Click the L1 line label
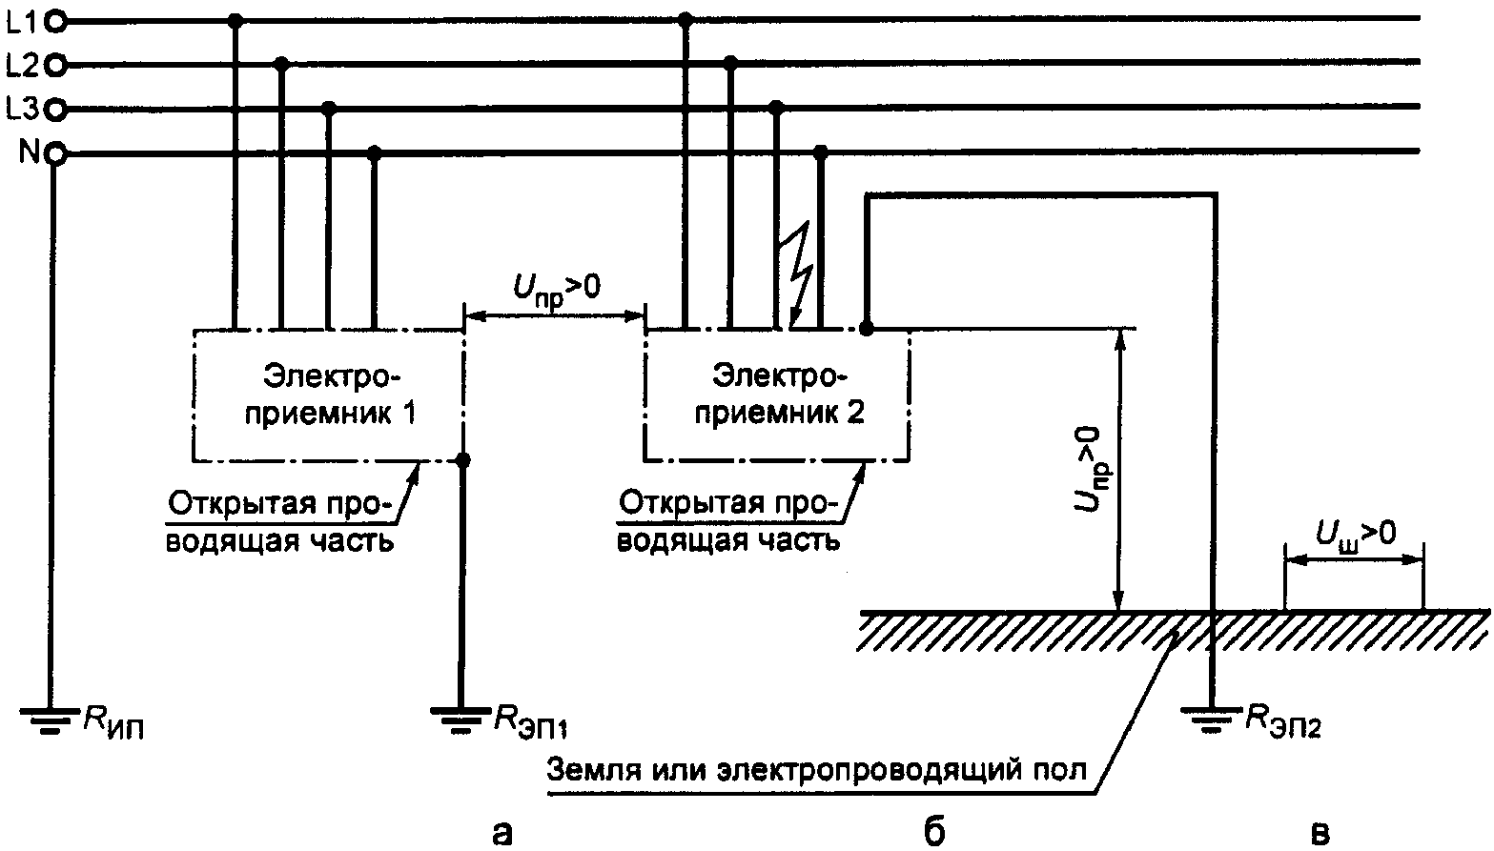coord(22,19)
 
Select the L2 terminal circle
coord(55,65)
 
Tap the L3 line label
coord(22,110)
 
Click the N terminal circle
coord(55,153)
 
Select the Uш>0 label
coord(1356,533)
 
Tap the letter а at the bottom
coord(500,831)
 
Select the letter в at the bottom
coord(1320,831)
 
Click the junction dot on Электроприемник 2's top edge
coord(866,329)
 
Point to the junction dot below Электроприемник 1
coord(462,460)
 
